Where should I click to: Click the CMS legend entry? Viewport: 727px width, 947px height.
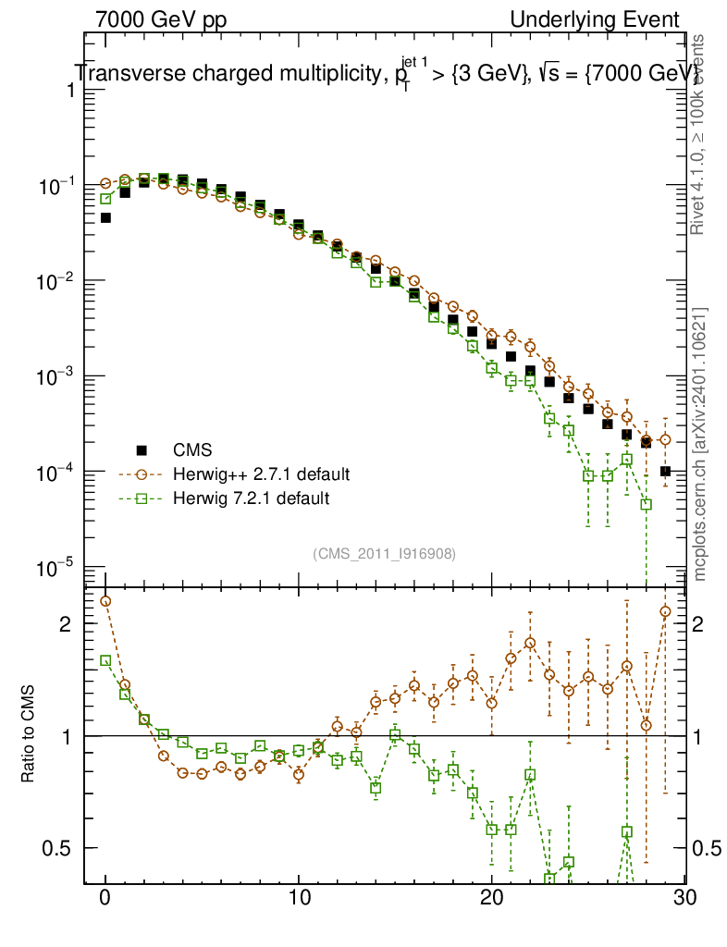click(192, 450)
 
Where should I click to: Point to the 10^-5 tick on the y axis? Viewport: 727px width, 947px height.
click(56, 567)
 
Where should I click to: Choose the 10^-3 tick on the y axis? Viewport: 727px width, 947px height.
click(56, 376)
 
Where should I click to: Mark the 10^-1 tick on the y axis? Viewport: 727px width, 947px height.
click(56, 186)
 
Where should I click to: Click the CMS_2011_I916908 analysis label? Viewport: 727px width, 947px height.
click(385, 553)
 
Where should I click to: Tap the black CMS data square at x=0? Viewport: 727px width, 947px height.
click(105, 218)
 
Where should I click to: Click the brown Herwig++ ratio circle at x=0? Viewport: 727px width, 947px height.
click(105, 601)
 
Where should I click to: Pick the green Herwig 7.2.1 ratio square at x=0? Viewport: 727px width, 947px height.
click(105, 660)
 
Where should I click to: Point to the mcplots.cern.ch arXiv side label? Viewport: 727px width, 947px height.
click(701, 444)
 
